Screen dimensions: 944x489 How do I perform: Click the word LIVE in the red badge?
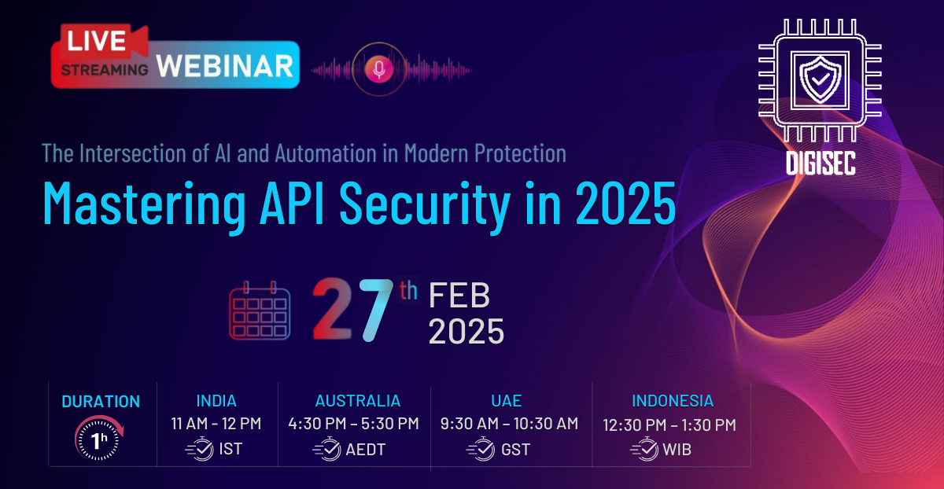click(x=97, y=40)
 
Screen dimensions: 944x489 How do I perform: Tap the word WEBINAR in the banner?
click(x=225, y=66)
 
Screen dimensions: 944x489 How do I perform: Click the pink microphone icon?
click(x=379, y=69)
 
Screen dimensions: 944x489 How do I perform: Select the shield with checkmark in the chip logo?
click(x=820, y=80)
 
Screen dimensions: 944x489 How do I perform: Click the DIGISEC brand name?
click(x=820, y=163)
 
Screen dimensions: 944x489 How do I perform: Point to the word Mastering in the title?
click(x=144, y=204)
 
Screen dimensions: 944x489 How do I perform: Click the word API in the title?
click(x=292, y=203)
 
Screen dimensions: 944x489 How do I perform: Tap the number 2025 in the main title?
click(x=626, y=203)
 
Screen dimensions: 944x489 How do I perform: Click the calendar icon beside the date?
click(x=260, y=311)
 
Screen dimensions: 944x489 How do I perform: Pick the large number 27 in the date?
click(x=352, y=309)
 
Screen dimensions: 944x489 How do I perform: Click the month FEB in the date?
click(x=459, y=295)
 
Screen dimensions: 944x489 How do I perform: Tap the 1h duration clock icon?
click(x=99, y=438)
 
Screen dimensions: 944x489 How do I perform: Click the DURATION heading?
click(x=101, y=402)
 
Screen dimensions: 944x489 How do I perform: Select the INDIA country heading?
click(x=216, y=400)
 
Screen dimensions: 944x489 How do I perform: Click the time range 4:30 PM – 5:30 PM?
click(x=353, y=423)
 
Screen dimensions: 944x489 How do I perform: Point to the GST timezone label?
click(x=516, y=450)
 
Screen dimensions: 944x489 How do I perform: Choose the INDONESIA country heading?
click(x=673, y=400)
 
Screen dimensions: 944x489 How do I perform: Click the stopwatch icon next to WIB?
click(x=644, y=449)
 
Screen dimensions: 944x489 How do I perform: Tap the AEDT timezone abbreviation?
click(x=365, y=450)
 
